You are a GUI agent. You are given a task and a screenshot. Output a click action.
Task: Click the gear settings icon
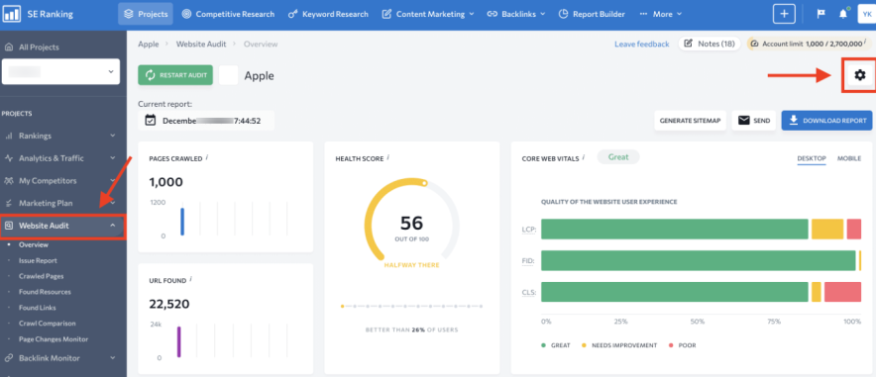click(x=859, y=75)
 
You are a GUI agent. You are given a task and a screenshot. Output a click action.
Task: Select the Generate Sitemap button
click(x=691, y=121)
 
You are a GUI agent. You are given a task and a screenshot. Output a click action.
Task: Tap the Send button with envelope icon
click(x=754, y=121)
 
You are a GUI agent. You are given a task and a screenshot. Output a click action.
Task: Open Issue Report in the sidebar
click(x=39, y=259)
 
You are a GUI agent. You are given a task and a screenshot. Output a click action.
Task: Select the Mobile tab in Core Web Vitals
click(x=848, y=158)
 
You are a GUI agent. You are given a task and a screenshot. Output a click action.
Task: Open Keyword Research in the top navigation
click(x=333, y=14)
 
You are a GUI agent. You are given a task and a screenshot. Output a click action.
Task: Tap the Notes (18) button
click(x=710, y=44)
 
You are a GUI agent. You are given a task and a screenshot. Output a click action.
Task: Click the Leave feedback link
click(x=641, y=45)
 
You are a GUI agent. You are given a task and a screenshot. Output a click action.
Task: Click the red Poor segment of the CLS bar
click(x=842, y=292)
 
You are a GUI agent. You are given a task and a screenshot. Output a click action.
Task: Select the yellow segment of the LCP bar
click(x=826, y=230)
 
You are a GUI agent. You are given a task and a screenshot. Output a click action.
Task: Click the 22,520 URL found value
click(x=169, y=304)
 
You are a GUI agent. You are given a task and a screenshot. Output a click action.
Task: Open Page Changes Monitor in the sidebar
click(x=54, y=338)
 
